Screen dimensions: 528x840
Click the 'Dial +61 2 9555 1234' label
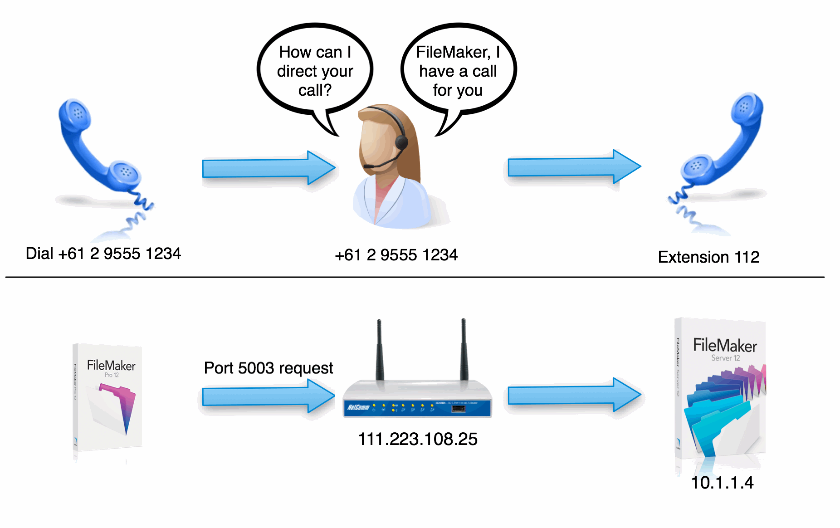coord(103,254)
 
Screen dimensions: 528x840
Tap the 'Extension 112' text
coord(708,257)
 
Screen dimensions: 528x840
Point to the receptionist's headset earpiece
coord(401,142)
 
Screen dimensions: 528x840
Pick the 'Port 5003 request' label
coord(269,368)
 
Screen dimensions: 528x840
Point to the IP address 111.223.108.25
coord(418,439)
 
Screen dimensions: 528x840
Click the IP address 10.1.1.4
coord(722,483)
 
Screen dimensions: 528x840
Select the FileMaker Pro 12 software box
coord(108,397)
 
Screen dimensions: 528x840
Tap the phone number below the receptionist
coord(396,255)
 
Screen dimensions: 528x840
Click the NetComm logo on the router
coord(358,407)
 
